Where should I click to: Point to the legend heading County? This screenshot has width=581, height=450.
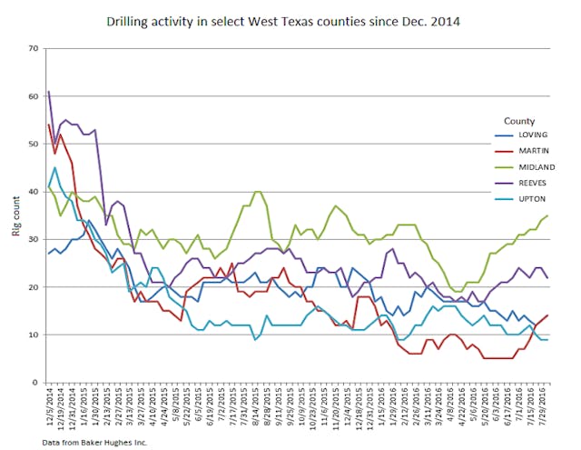point(520,120)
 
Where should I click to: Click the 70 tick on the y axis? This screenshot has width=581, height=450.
point(34,48)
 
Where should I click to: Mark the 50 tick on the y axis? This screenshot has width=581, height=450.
point(34,144)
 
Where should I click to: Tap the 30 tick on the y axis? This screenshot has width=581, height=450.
point(34,239)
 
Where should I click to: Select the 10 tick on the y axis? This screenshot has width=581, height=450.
point(34,335)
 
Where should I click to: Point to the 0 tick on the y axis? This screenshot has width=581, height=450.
point(36,382)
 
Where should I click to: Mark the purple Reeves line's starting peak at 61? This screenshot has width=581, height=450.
point(48,92)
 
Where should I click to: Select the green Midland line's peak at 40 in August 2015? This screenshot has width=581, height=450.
point(258,192)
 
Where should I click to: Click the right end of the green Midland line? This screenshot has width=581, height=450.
point(547,215)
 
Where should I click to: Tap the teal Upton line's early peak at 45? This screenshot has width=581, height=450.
point(54,167)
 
